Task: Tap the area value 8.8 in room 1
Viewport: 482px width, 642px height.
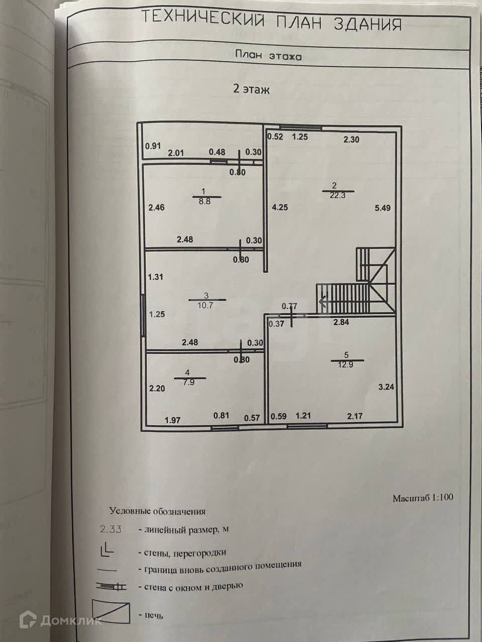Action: [x=203, y=201]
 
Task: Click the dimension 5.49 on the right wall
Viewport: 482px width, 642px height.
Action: [x=382, y=208]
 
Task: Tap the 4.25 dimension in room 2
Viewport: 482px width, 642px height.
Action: [x=280, y=207]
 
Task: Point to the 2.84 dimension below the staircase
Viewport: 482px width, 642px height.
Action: [x=341, y=323]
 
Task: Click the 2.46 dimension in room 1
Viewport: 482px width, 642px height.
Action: [x=156, y=207]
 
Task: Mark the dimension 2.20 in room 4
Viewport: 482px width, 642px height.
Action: [x=157, y=388]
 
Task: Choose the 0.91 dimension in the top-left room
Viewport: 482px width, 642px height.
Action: [x=153, y=146]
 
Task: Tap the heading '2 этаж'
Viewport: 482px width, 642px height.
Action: [x=251, y=90]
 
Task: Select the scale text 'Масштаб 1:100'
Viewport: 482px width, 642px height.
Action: [x=423, y=498]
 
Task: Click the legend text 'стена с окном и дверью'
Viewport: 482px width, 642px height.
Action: [x=193, y=586]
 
